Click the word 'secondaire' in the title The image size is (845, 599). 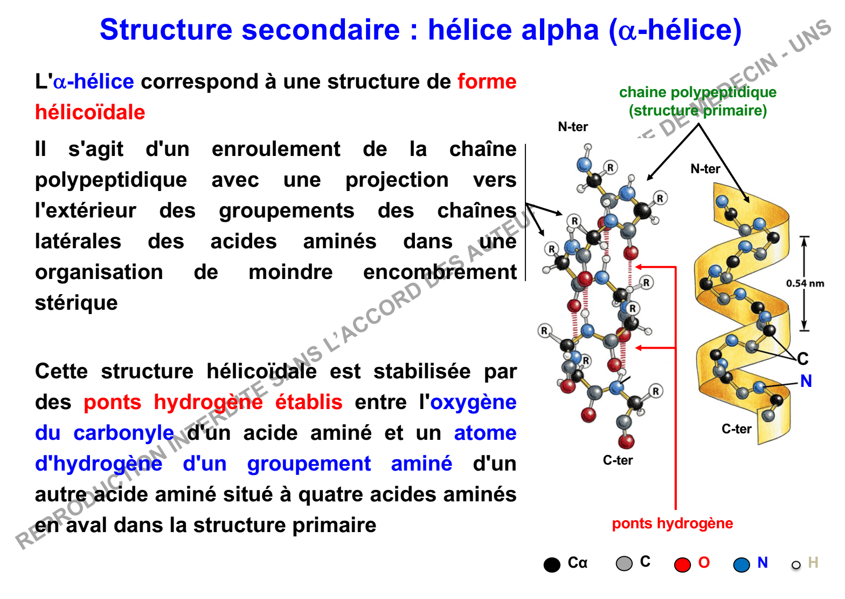tap(320, 30)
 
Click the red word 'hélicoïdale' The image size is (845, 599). tap(90, 112)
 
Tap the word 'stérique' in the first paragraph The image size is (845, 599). tap(76, 303)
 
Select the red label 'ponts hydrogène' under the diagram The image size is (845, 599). tap(672, 523)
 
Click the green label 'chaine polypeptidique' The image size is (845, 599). tap(697, 92)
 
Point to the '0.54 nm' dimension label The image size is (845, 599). tap(805, 283)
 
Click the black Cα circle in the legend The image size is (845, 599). tap(552, 564)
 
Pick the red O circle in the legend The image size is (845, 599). tap(682, 564)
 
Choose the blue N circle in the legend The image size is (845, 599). tap(742, 564)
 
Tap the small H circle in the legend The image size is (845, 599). tap(796, 565)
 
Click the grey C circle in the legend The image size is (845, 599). tap(624, 563)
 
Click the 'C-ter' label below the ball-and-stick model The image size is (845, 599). tap(618, 460)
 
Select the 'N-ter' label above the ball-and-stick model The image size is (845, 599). tap(573, 127)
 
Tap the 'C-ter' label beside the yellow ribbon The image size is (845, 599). tap(736, 429)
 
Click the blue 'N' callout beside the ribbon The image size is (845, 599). tap(806, 381)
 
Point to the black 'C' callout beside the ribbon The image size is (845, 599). tap(802, 359)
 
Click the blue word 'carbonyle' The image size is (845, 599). tap(123, 433)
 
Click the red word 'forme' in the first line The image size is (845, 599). tap(487, 81)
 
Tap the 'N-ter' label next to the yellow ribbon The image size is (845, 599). tap(705, 169)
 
